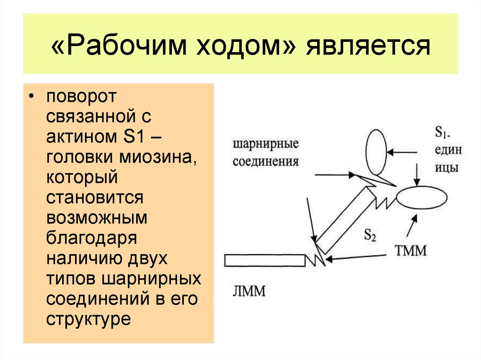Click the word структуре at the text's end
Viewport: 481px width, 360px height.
coord(88,319)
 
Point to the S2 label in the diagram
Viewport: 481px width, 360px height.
coord(370,235)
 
